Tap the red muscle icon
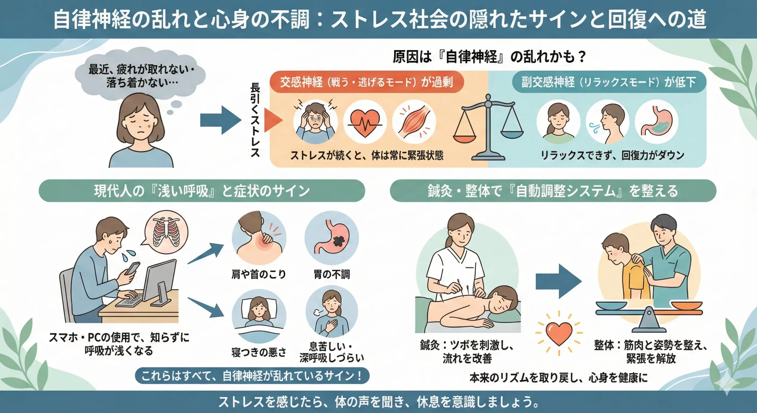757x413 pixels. click(x=414, y=122)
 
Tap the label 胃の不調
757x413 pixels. click(x=332, y=274)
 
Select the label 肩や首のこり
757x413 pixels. click(x=258, y=274)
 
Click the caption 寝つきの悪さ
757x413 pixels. click(x=259, y=352)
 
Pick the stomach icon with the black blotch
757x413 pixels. click(x=332, y=238)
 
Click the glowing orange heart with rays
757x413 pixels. click(x=559, y=333)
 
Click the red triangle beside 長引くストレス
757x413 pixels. click(x=272, y=120)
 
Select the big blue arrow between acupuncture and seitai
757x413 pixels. click(x=558, y=281)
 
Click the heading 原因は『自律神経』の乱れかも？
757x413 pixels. click(x=489, y=57)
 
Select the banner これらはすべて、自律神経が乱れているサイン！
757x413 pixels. click(x=252, y=376)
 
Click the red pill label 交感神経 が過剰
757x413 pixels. click(x=366, y=82)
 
